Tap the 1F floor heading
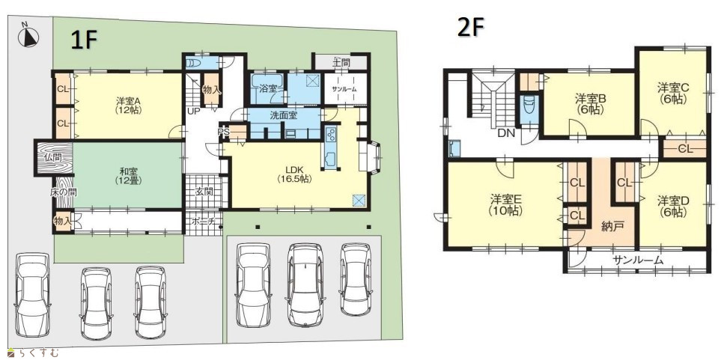84,40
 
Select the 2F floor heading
470,28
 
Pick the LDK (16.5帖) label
294,174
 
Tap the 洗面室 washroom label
283,115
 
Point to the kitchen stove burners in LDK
332,135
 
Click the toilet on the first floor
193,63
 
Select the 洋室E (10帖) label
506,205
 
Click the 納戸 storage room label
612,227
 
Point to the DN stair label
505,133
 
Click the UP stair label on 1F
194,112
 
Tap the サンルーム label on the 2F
637,260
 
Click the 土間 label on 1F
341,61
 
